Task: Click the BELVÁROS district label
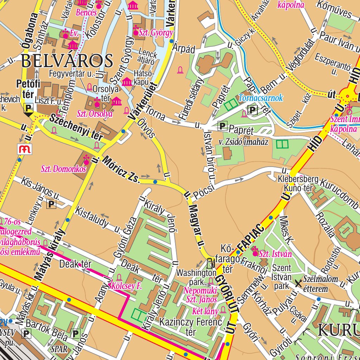click(x=67, y=60)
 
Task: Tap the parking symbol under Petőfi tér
click(x=28, y=108)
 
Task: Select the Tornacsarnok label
click(x=261, y=98)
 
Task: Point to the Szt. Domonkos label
click(x=64, y=169)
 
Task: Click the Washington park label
click(x=196, y=277)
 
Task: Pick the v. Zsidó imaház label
click(x=244, y=142)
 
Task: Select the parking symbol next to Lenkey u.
click(x=52, y=204)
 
